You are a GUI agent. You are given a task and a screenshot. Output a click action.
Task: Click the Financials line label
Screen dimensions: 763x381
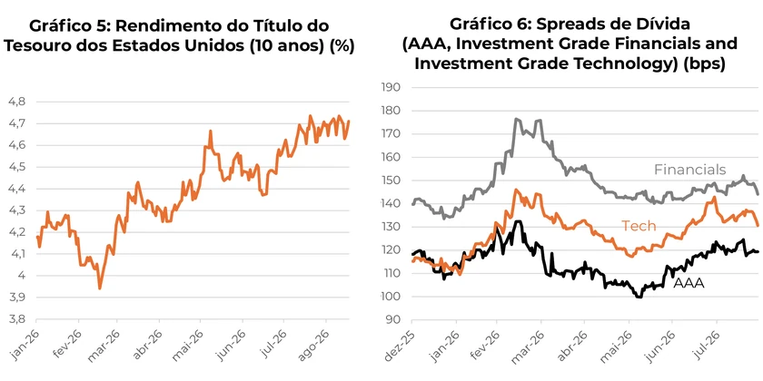pos(689,170)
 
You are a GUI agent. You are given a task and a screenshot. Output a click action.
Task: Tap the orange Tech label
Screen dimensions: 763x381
pos(639,226)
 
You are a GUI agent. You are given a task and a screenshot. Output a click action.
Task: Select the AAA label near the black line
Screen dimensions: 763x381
pos(689,283)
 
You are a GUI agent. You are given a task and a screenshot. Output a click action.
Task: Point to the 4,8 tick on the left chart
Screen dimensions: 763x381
pos(17,102)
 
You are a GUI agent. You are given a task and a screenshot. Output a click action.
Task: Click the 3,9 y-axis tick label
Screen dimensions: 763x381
pos(17,298)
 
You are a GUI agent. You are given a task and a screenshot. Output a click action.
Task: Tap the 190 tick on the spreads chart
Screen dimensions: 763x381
pos(391,87)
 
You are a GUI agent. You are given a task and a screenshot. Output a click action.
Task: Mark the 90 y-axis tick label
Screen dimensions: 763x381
pos(394,320)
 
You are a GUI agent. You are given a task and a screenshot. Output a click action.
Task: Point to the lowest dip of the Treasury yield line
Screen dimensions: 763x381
pos(100,288)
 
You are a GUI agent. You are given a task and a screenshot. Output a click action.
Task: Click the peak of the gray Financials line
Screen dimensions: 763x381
pos(516,119)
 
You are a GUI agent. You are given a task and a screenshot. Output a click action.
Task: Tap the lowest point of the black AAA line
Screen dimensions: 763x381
pos(639,297)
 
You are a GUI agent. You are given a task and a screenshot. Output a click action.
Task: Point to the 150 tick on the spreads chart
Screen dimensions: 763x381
pos(391,181)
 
